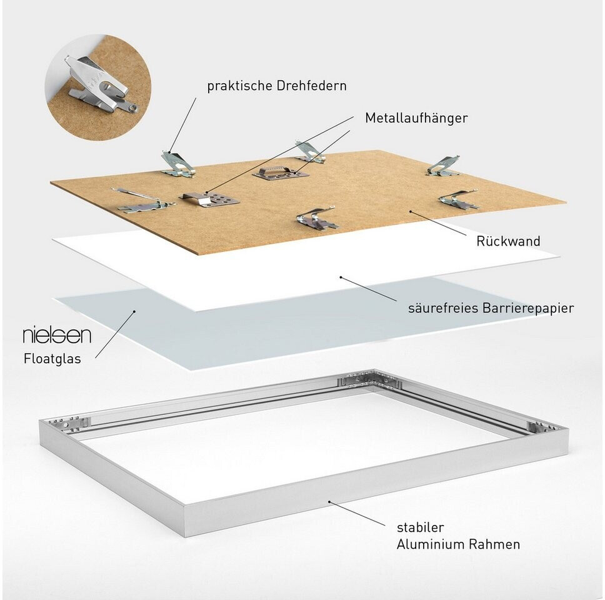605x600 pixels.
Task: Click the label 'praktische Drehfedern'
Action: (x=276, y=86)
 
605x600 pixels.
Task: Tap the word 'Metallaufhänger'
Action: (x=416, y=118)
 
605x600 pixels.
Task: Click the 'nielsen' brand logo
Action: (x=57, y=336)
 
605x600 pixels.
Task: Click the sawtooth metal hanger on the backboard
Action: (x=281, y=172)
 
